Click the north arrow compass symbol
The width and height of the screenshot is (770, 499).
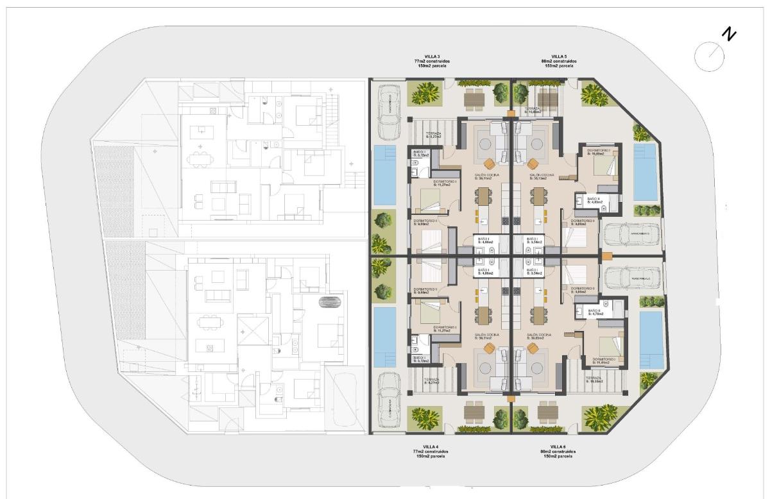(709, 55)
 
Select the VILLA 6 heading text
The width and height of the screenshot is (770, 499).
(558, 446)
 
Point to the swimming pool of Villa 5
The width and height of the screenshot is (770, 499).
(644, 171)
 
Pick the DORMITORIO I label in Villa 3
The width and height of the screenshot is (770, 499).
(445, 183)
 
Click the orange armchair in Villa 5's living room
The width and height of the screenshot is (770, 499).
(533, 162)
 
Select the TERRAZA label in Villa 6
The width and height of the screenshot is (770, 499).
(594, 380)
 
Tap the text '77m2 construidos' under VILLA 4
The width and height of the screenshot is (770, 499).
(431, 452)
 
